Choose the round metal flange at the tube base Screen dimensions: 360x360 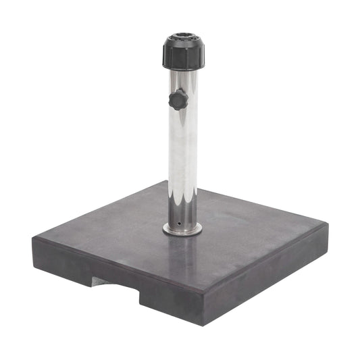(x=182, y=230)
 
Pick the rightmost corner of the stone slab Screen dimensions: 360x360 (x=328, y=225)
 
